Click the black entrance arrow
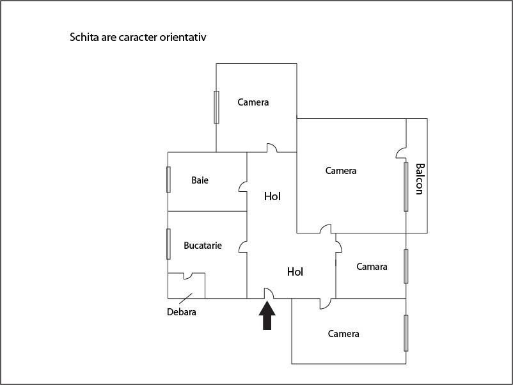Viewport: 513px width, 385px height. pos(267,315)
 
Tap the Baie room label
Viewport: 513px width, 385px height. pos(200,180)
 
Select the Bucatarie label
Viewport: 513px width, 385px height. pos(203,246)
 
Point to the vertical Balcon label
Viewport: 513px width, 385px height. pos(420,179)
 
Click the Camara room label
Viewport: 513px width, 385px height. pos(372,267)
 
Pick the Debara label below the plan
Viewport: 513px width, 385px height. pos(182,311)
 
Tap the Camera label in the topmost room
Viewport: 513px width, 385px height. pos(253,102)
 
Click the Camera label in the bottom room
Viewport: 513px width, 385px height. pos(343,334)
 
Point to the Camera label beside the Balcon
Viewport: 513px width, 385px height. pos(341,170)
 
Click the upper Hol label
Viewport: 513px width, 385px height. pos(272,196)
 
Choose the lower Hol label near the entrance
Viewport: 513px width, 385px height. pos(295,272)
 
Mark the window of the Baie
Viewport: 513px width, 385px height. pos(168,180)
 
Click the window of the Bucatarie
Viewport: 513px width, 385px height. pos(168,244)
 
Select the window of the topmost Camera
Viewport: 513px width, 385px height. pos(216,107)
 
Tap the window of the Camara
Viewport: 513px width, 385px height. pos(406,267)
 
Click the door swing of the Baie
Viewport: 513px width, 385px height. pos(243,187)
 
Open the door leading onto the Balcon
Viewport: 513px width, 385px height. pos(401,153)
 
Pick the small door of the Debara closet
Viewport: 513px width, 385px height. pos(188,276)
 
